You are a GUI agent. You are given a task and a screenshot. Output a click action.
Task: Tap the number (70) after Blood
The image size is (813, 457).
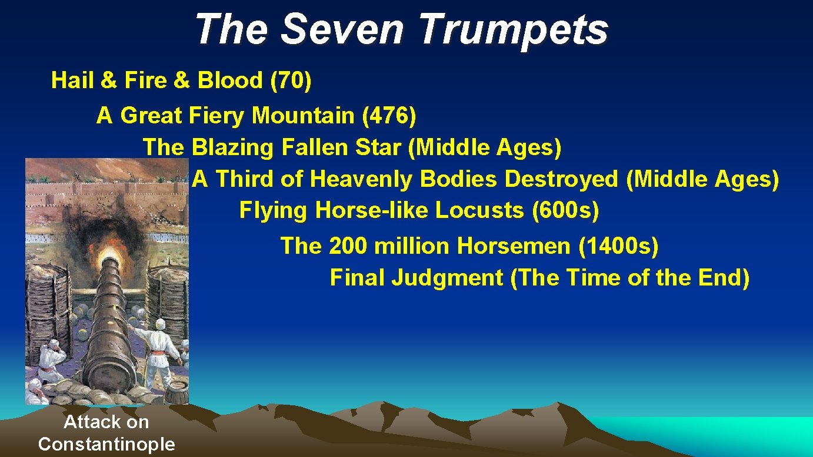tap(290, 80)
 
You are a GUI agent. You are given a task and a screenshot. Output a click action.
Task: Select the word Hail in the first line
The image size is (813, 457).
tap(72, 80)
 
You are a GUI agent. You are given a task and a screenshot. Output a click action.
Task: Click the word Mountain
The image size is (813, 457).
tap(303, 116)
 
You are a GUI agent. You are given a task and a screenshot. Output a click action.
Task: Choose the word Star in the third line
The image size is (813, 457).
tap(379, 147)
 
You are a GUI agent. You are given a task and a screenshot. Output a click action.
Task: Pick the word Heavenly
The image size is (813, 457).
tap(361, 179)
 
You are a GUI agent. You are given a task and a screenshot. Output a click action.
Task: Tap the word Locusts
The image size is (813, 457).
tap(478, 210)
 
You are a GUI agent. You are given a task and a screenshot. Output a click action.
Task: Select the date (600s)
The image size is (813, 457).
tap(565, 210)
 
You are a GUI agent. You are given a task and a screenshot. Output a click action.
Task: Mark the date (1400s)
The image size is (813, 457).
tap(618, 246)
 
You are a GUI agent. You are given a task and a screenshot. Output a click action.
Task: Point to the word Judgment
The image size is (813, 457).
tap(447, 277)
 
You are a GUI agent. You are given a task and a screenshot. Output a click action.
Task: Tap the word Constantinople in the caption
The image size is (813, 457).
tap(106, 443)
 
